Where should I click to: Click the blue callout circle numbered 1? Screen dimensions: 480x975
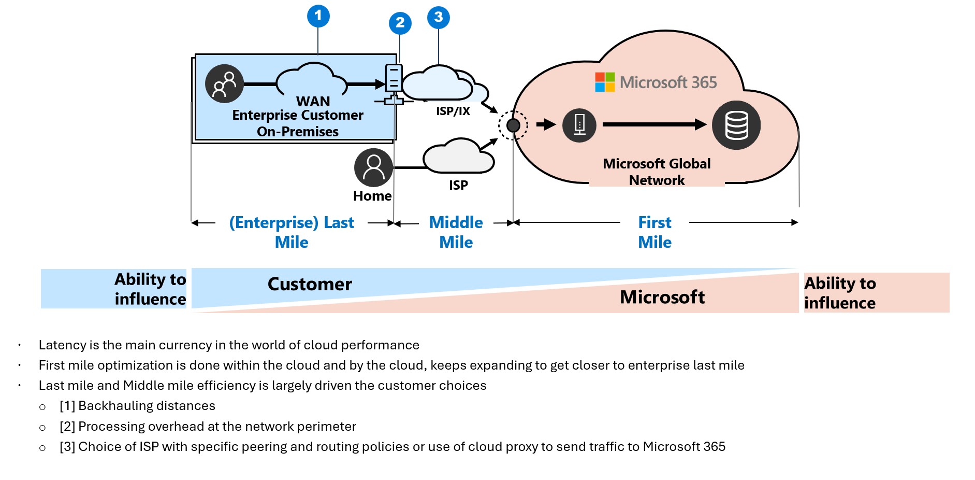pyautogui.click(x=318, y=16)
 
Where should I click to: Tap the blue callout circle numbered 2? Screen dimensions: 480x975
pyautogui.click(x=400, y=23)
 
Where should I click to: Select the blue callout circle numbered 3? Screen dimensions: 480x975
pyautogui.click(x=438, y=17)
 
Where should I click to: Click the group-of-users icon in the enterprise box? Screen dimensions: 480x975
pyautogui.click(x=224, y=84)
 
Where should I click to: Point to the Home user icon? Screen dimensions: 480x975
pyautogui.click(x=373, y=167)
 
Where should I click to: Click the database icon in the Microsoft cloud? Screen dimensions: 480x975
pyautogui.click(x=736, y=125)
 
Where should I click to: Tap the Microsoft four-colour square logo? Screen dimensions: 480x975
pyautogui.click(x=604, y=82)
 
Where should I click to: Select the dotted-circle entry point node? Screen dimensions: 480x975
pyautogui.click(x=513, y=125)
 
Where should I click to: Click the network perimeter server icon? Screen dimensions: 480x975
pyautogui.click(x=394, y=84)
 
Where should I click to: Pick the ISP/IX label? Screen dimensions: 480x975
pyautogui.click(x=453, y=111)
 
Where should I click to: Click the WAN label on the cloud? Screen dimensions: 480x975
pyautogui.click(x=313, y=101)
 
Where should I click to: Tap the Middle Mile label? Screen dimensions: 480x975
pyautogui.click(x=456, y=232)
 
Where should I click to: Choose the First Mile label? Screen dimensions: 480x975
pyautogui.click(x=654, y=232)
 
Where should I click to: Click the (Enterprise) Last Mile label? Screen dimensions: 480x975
pyautogui.click(x=292, y=232)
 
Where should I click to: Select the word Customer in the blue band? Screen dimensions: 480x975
pyautogui.click(x=310, y=284)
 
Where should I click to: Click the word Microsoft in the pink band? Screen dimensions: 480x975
pyautogui.click(x=662, y=297)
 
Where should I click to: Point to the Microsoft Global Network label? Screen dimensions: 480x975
pyautogui.click(x=657, y=172)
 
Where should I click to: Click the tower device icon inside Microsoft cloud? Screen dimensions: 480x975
pyautogui.click(x=579, y=125)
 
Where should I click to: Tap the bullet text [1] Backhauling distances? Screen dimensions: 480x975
pyautogui.click(x=137, y=406)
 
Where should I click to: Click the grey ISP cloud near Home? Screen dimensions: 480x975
pyautogui.click(x=458, y=157)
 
